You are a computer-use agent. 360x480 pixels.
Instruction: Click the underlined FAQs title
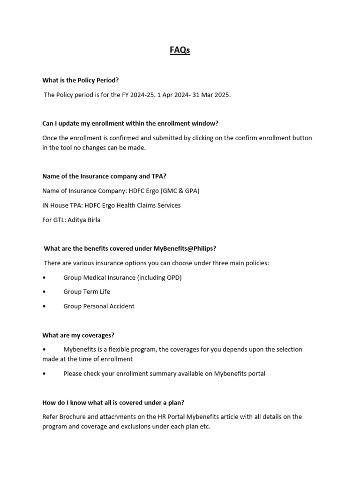[180, 50]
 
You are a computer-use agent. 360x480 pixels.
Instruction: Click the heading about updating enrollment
[130, 123]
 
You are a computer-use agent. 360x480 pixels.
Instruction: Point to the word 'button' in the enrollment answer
[301, 138]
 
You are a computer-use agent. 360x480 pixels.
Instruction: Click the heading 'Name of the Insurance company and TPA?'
[104, 176]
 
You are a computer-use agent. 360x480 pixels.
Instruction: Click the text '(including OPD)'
[159, 277]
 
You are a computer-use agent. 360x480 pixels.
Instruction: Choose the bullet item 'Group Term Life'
[87, 292]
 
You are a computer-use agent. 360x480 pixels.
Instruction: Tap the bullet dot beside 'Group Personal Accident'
[44, 306]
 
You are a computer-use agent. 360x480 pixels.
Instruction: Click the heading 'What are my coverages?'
[78, 335]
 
